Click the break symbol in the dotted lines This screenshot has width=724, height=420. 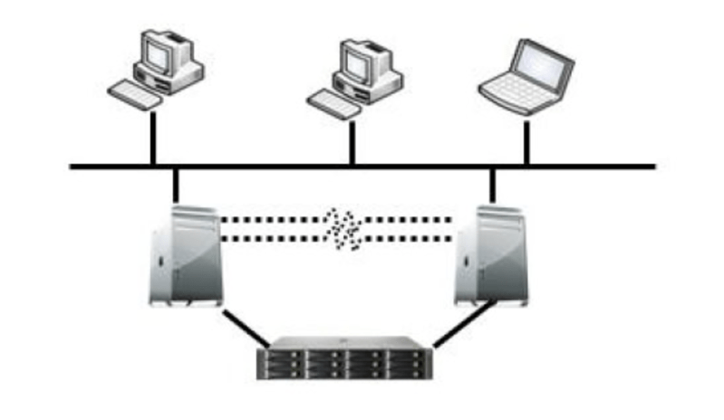click(342, 228)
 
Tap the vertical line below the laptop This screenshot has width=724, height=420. click(526, 140)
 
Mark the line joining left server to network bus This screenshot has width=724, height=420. click(174, 185)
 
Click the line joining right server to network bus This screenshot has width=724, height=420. click(493, 185)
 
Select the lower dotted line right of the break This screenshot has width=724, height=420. click(408, 239)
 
